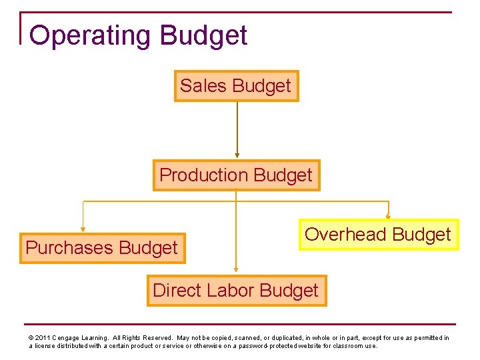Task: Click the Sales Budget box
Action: pyautogui.click(x=236, y=86)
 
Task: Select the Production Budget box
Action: pyautogui.click(x=236, y=175)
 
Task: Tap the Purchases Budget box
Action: pyautogui.click(x=102, y=248)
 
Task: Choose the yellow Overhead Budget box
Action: pyautogui.click(x=378, y=235)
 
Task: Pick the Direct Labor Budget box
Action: pyautogui.click(x=236, y=291)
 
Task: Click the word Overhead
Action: pyautogui.click(x=345, y=235)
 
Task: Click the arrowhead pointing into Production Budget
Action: pyautogui.click(x=237, y=155)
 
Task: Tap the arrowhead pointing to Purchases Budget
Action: pyautogui.click(x=83, y=229)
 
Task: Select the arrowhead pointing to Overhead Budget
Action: pyautogui.click(x=389, y=216)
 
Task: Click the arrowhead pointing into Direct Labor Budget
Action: pyautogui.click(x=237, y=271)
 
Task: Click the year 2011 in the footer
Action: pyautogui.click(x=41, y=338)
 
